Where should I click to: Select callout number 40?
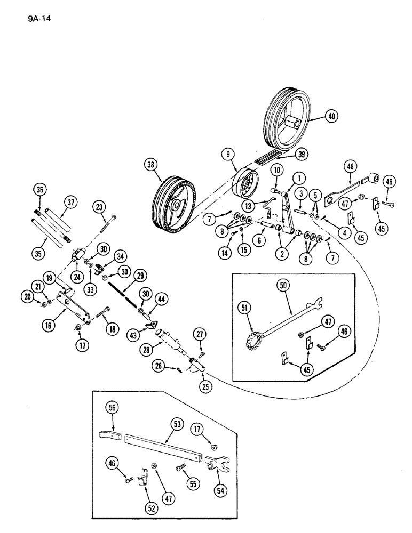332,116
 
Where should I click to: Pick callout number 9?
228,155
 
